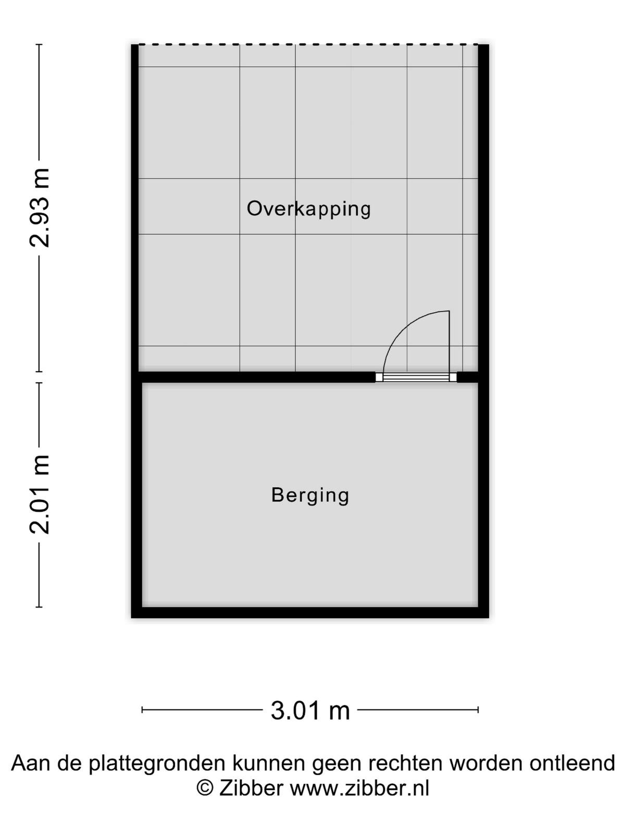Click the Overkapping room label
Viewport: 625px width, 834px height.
[x=308, y=210]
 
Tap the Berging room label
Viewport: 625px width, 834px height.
[x=310, y=496]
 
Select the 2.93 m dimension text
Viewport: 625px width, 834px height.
[x=40, y=207]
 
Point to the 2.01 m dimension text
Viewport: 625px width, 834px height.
[x=40, y=494]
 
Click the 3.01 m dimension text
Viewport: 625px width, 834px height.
[x=310, y=710]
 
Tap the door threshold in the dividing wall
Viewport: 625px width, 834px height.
[x=416, y=377]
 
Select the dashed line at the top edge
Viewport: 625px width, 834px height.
[x=308, y=45]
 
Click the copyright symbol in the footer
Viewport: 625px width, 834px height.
[x=205, y=788]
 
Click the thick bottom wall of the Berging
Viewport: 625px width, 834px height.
[x=310, y=612]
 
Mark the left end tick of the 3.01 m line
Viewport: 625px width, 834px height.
[x=142, y=710]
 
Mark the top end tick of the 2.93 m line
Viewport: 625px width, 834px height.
[x=40, y=44]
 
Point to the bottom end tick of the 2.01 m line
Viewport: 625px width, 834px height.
[x=40, y=607]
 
